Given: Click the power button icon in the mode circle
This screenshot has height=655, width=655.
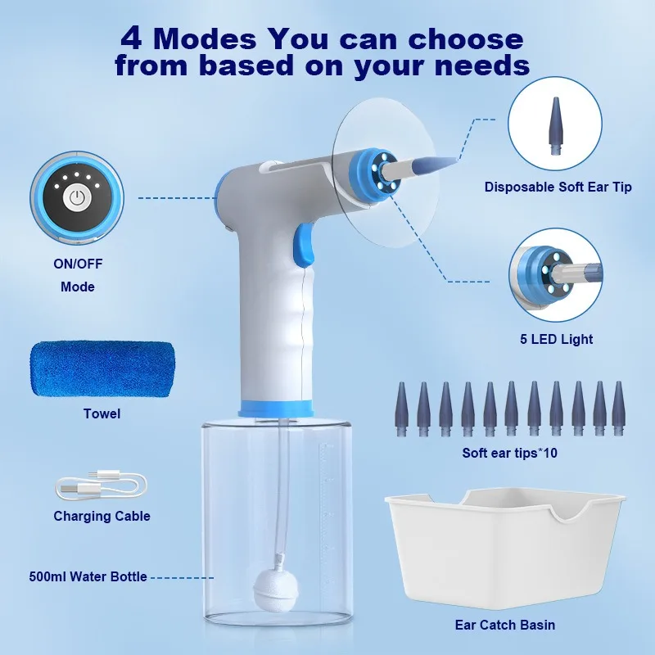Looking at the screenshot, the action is [76, 197].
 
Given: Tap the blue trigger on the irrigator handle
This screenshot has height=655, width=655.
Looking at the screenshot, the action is [304, 245].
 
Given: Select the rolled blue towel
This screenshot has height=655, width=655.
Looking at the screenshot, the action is [102, 369].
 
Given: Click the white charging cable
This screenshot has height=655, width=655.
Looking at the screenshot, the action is [101, 485].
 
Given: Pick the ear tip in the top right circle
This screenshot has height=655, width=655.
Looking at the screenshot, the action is [556, 126].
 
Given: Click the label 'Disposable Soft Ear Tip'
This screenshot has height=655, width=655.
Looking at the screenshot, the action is [558, 187].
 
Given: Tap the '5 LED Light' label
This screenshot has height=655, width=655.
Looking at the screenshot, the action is [557, 339].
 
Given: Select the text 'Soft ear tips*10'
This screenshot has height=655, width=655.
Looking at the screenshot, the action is [509, 453].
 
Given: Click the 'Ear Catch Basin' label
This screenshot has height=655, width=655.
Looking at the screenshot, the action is [505, 625].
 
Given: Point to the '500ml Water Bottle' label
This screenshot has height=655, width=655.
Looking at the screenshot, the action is [88, 576].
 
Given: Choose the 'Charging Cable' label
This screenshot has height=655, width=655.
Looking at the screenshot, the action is [102, 516].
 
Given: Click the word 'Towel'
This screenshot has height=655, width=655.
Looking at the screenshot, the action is [102, 413].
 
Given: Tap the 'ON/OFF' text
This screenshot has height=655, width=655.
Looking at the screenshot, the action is [78, 264].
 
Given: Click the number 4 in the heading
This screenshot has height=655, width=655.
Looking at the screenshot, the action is [131, 38].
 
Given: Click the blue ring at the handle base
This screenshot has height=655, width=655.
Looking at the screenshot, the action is [275, 408].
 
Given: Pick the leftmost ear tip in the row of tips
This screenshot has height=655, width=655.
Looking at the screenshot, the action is [401, 409].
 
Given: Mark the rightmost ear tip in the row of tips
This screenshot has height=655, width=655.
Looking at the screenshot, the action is [619, 409].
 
